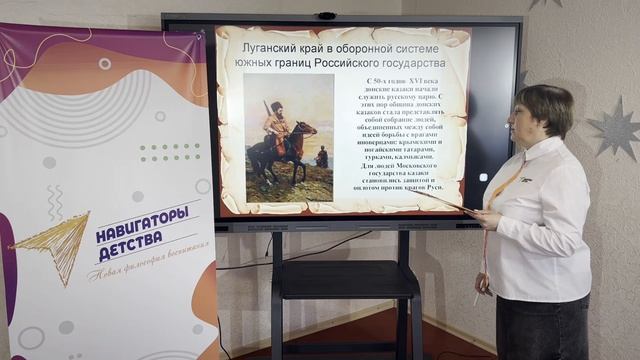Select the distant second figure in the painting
[321, 157]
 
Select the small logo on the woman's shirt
[525, 179]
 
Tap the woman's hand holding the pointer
[486, 216]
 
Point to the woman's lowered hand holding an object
[484, 284]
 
